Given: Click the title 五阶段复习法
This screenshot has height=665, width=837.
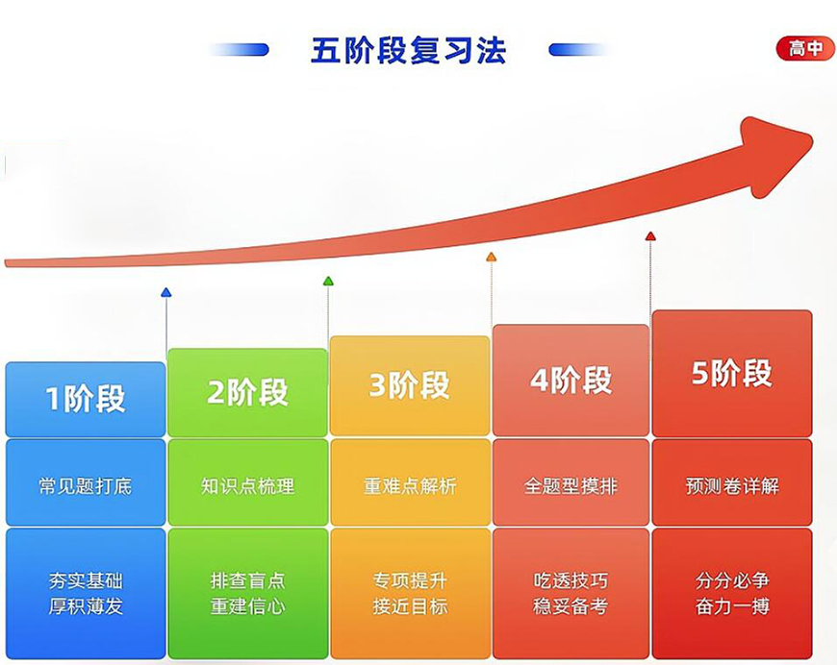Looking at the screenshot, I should (x=408, y=50).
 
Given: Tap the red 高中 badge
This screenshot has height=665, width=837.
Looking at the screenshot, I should (x=805, y=49).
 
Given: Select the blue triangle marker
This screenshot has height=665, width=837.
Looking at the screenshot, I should (x=166, y=292).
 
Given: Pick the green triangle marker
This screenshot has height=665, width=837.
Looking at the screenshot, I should (x=328, y=282).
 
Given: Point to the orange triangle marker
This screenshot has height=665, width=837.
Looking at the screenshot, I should (x=491, y=258).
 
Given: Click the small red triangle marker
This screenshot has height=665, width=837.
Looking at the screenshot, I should (x=650, y=236).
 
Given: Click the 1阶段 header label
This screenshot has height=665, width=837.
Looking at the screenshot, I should (x=86, y=398).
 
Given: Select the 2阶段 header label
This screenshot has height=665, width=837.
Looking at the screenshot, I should (x=247, y=392).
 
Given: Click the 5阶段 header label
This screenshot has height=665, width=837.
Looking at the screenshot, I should (x=732, y=373).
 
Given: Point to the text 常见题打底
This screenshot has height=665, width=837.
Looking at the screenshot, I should (x=86, y=486).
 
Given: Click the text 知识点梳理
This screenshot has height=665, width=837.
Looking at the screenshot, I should (x=247, y=486).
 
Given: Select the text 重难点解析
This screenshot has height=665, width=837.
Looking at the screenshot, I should (x=410, y=486).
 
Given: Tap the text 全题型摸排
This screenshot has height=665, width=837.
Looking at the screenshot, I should (x=571, y=486).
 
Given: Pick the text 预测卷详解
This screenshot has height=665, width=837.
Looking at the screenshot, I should (x=732, y=486).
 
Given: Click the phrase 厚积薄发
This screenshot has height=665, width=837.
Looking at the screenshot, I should (x=86, y=606).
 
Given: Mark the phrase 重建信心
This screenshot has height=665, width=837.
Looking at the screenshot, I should (x=247, y=606).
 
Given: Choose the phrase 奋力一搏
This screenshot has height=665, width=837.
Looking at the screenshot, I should (x=732, y=606).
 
